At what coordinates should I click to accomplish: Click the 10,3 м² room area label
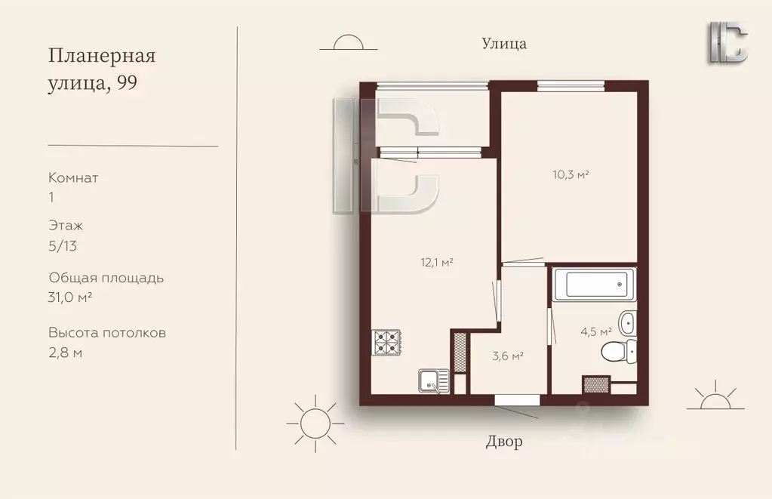571,175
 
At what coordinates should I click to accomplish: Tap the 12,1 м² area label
437,263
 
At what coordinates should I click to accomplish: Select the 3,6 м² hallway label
508,356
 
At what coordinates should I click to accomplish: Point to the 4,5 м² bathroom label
596,331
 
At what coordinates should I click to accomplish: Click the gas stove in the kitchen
387,342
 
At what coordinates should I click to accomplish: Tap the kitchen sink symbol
434,380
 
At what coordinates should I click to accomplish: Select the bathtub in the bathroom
594,285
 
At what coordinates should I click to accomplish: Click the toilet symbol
619,351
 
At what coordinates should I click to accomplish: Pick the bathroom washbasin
628,323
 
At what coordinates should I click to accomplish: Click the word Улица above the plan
504,44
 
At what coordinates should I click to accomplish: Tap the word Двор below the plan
504,442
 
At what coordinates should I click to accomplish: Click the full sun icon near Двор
315,424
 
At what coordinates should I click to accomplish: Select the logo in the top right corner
728,42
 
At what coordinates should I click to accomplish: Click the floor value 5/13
63,246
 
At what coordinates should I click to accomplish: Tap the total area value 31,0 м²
70,297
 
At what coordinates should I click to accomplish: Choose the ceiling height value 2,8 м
65,353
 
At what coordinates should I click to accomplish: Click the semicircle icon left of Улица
349,42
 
